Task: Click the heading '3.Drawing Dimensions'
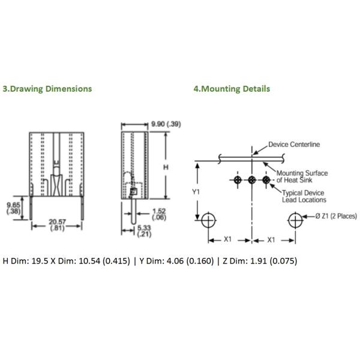pos(47,89)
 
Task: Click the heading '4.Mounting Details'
pos(231,89)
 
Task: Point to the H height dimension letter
pos(166,167)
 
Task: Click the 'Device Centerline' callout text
pos(293,144)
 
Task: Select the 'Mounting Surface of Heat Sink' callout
pos(302,176)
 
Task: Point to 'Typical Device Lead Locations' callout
pos(304,196)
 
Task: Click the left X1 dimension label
pos(228,239)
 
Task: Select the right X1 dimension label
pos(271,239)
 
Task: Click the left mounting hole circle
pos(208,220)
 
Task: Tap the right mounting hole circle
pos(296,220)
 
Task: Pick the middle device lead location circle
pos(252,180)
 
